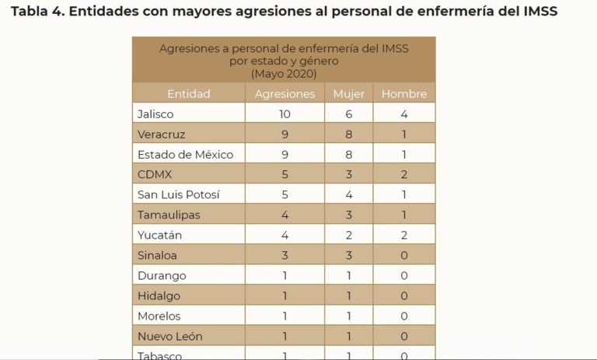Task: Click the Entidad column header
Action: [x=188, y=94]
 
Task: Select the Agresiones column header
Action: [x=285, y=94]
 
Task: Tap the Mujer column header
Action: [x=348, y=94]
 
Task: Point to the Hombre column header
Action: [x=404, y=94]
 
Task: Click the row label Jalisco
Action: [x=155, y=114]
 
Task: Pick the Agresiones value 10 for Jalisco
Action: [x=285, y=114]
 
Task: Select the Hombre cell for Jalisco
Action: [x=404, y=114]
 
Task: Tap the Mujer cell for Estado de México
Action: [x=348, y=154]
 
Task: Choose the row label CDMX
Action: [x=155, y=174]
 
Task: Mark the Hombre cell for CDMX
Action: [x=404, y=174]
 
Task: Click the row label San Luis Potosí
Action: [x=178, y=194]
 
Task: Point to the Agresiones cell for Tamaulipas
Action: [x=285, y=215]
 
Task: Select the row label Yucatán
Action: [x=159, y=235]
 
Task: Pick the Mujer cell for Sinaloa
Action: [x=348, y=255]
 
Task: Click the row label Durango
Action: [x=161, y=275]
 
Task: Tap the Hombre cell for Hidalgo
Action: [x=404, y=295]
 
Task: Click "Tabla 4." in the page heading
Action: [x=36, y=12]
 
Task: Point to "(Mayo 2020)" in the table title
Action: [x=284, y=73]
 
